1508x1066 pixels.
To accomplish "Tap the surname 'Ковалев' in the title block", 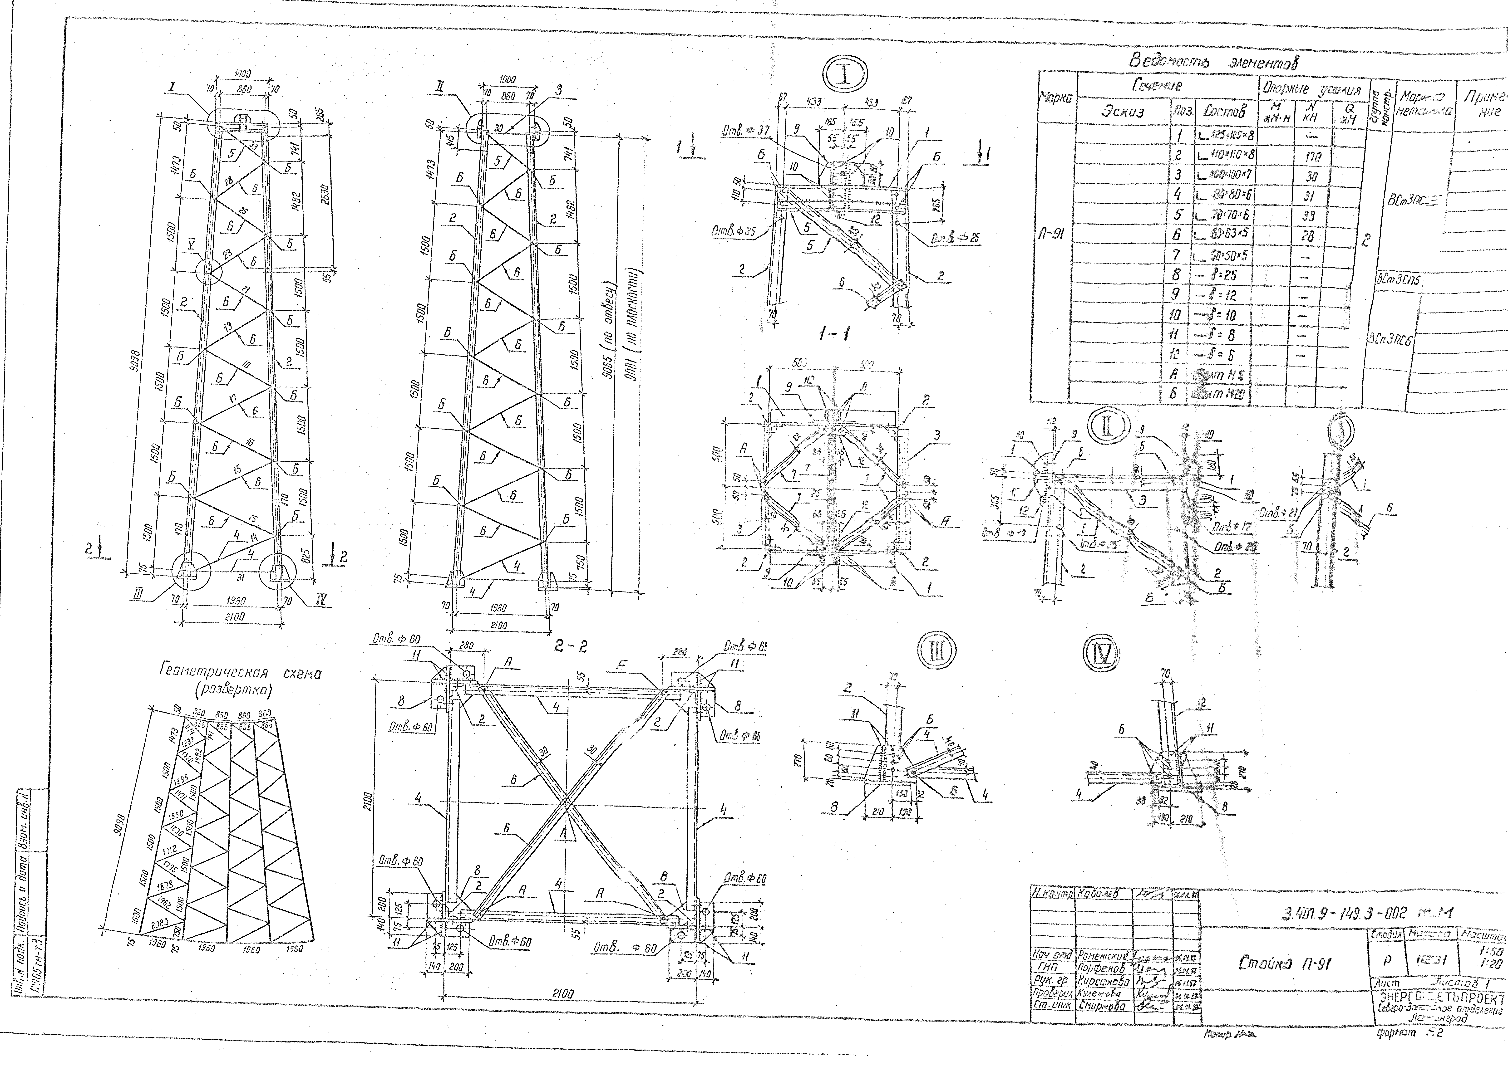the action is click(1103, 894).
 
